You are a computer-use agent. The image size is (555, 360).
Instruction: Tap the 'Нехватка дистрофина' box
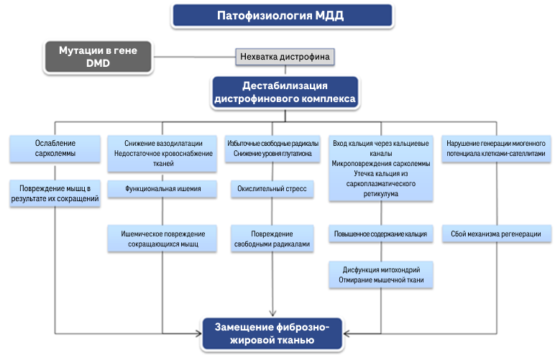pyautogui.click(x=285, y=56)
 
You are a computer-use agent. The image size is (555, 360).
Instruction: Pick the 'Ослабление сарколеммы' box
pyautogui.click(x=55, y=149)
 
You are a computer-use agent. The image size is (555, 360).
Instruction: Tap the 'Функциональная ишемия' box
pyautogui.click(x=162, y=190)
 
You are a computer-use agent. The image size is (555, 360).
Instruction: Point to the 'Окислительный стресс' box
pyautogui.click(x=272, y=190)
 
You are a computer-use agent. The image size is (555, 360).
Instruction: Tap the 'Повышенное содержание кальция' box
pyautogui.click(x=381, y=234)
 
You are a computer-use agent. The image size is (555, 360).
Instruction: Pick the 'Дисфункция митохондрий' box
pyautogui.click(x=381, y=274)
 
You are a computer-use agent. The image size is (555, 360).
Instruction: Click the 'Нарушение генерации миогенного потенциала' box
pyautogui.click(x=496, y=149)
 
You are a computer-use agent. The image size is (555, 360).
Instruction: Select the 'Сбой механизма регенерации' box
pyautogui.click(x=496, y=234)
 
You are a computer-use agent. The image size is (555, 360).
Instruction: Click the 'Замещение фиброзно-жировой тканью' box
pyautogui.click(x=272, y=333)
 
